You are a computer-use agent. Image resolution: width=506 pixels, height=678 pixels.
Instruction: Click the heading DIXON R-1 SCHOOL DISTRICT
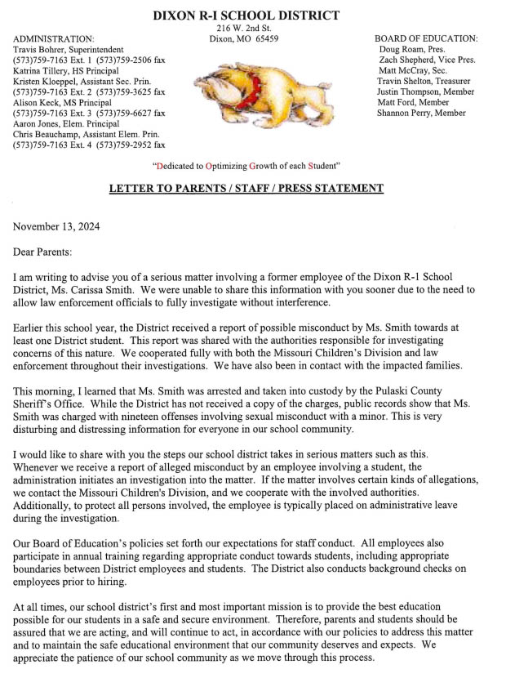(246, 15)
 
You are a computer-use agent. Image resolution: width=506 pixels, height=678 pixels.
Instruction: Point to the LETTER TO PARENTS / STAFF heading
(246, 189)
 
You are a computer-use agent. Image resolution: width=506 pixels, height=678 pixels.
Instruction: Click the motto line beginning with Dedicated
(246, 166)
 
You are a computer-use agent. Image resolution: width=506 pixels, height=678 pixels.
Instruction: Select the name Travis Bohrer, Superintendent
(68, 50)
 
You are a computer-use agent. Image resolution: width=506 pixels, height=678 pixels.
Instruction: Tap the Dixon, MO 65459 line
(244, 38)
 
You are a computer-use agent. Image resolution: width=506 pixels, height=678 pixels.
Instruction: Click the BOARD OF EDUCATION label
(426, 38)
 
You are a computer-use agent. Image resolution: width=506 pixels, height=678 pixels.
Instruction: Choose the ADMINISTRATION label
(54, 38)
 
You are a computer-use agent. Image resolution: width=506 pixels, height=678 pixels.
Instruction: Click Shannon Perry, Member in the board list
(421, 114)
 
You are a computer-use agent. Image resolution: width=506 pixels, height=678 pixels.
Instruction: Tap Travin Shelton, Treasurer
(424, 82)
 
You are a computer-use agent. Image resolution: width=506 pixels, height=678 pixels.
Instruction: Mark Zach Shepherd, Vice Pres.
(427, 60)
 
